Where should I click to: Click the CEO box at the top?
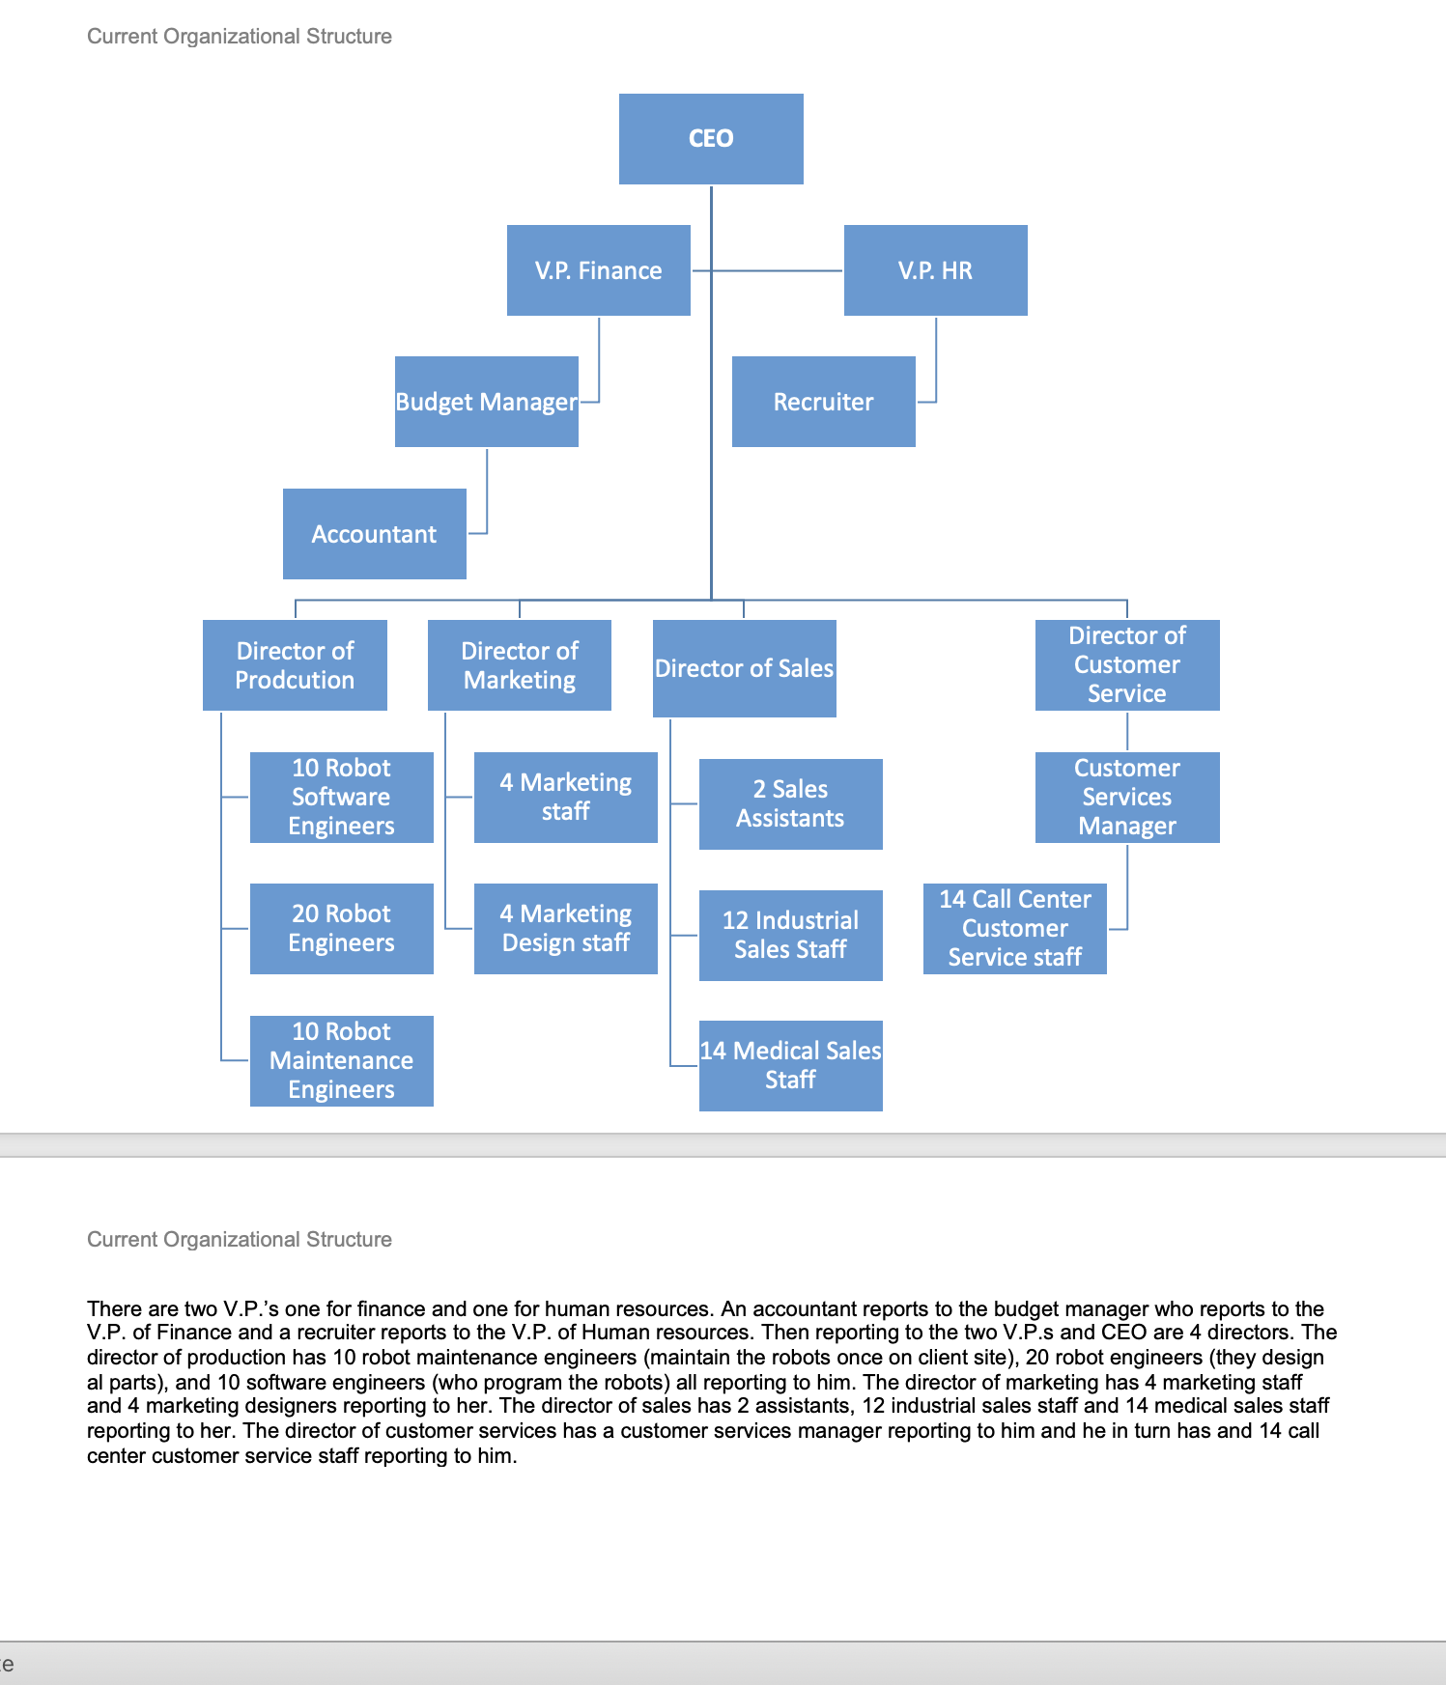[x=711, y=139]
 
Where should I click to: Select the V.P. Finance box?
[x=599, y=270]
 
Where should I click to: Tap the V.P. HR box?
[x=935, y=270]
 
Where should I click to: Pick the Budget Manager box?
[x=486, y=402]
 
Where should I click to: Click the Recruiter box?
[x=823, y=402]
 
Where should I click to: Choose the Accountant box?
[x=374, y=534]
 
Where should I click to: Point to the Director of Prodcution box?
[x=295, y=665]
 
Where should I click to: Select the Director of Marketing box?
[x=520, y=665]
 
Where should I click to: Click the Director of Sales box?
[x=744, y=668]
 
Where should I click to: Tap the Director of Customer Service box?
[x=1127, y=665]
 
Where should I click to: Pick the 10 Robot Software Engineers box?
[x=341, y=798]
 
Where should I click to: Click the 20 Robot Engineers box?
[x=341, y=929]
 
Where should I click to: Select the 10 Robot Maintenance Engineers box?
[x=341, y=1060]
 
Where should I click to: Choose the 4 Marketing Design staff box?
[x=565, y=929]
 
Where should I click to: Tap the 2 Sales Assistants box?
[x=790, y=804]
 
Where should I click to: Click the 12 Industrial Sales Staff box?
[x=790, y=936]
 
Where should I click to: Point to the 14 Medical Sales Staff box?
[x=790, y=1066]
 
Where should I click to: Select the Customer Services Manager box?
[x=1127, y=798]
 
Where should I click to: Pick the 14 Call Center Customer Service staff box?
[x=1014, y=929]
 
